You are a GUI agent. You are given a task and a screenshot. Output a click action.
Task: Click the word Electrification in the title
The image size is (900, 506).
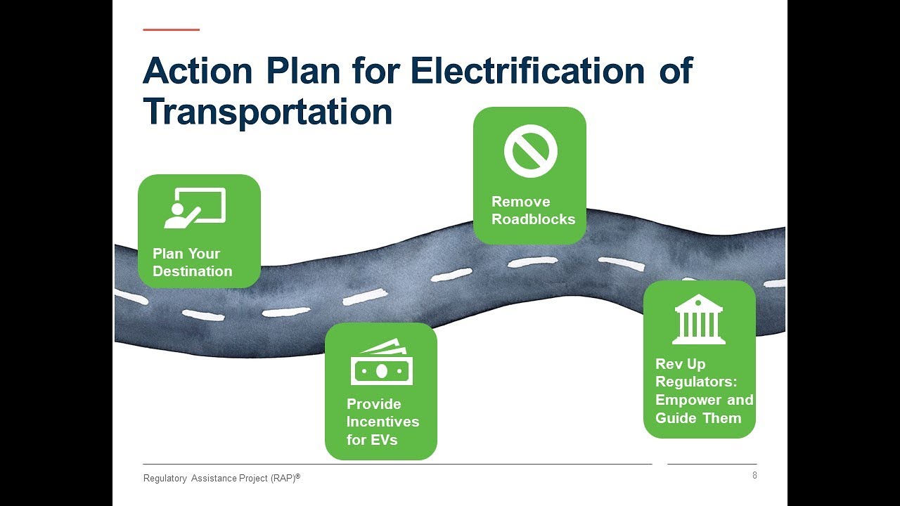point(527,71)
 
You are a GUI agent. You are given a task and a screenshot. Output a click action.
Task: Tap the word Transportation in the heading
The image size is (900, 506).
point(267,112)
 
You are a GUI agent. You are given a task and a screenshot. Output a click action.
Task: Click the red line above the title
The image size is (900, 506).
point(171,30)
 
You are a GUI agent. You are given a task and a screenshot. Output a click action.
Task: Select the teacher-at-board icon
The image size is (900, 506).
point(195,207)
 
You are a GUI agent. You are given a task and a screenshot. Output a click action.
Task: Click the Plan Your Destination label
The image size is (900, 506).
point(192,262)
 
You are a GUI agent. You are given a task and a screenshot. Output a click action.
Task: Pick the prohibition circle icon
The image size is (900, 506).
point(530,151)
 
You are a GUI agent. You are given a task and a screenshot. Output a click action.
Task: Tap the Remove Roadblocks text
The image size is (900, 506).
point(533,210)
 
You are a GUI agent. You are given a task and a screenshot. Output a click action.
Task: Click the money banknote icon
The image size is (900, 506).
point(381,363)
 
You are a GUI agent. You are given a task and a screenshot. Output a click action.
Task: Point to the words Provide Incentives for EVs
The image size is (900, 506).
point(382,422)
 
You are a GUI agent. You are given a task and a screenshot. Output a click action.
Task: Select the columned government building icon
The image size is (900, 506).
point(698,320)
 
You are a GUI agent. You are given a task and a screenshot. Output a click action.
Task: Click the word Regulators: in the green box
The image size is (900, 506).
point(696,382)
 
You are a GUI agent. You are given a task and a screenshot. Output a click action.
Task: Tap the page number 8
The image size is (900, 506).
point(754,476)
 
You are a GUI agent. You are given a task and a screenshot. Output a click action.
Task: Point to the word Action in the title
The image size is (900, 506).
point(198,71)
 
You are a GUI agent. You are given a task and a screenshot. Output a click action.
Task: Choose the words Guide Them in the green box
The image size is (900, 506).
point(698,418)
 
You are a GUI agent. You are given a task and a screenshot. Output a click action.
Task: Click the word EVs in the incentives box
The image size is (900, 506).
point(383,440)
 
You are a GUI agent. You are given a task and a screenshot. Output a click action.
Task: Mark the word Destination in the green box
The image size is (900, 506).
point(192,271)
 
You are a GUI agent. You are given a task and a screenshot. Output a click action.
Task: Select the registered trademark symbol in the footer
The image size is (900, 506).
point(297,476)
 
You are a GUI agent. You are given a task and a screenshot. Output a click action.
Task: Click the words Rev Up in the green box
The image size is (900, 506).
point(680,364)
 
